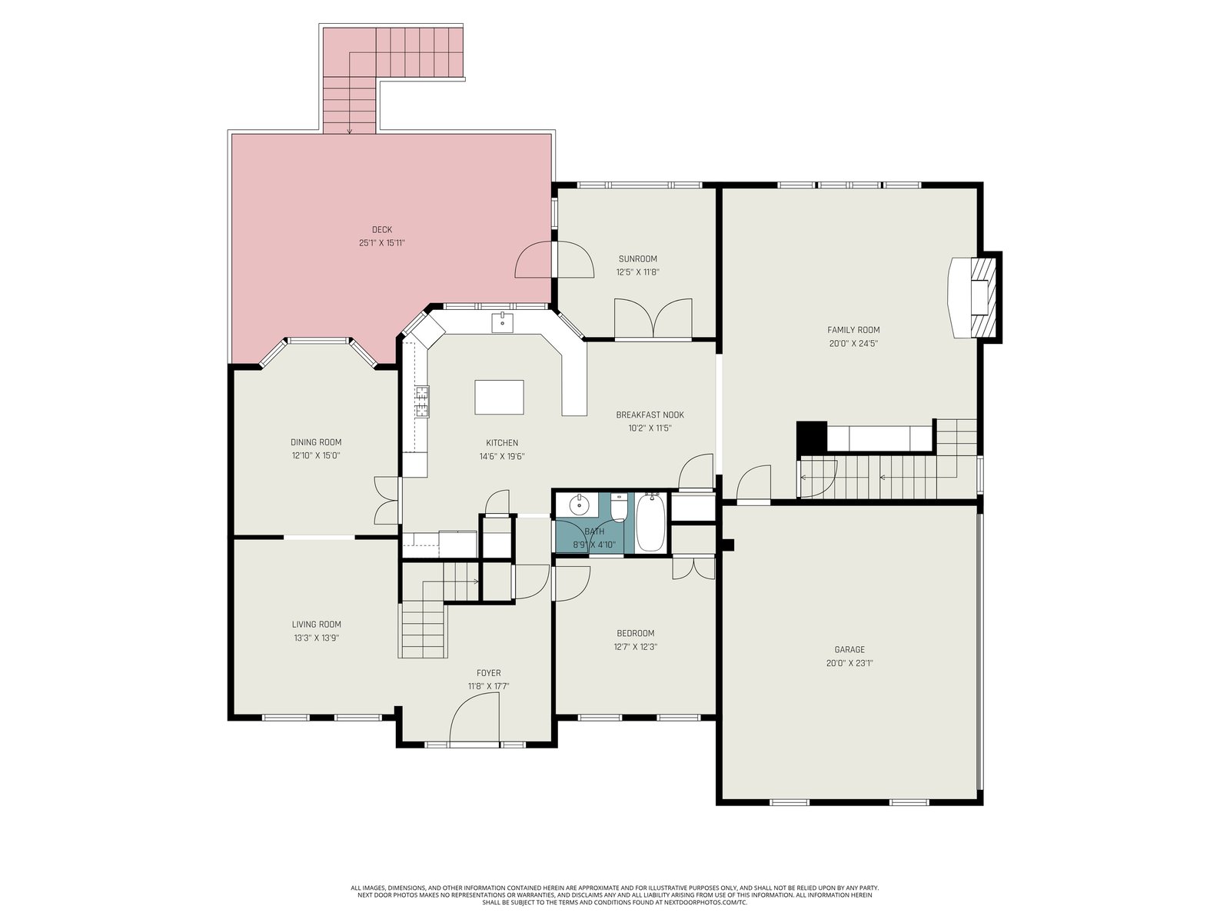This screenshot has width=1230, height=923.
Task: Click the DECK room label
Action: (381, 229)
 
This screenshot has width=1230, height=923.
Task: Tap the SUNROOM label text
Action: (638, 259)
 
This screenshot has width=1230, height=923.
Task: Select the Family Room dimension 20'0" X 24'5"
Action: (853, 344)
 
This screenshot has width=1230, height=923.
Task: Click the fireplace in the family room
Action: (974, 297)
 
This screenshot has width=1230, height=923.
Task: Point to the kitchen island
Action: (499, 398)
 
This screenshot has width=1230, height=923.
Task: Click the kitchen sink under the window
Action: (503, 323)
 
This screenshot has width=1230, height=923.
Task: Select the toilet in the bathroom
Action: (618, 507)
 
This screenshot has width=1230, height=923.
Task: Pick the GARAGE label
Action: (849, 649)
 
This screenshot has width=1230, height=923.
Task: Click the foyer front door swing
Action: (474, 719)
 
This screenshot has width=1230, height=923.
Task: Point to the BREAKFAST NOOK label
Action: (650, 415)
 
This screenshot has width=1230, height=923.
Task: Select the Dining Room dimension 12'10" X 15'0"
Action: (316, 455)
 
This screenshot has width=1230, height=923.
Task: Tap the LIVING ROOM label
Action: (317, 625)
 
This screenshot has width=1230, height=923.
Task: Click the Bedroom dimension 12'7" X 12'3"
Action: (636, 647)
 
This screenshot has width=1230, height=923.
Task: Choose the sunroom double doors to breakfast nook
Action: (653, 319)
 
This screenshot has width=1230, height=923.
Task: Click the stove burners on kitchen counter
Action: (422, 402)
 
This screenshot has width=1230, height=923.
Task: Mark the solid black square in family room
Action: (812, 437)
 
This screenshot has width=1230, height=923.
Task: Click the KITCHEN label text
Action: (502, 443)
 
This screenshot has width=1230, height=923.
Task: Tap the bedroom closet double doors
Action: (693, 568)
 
